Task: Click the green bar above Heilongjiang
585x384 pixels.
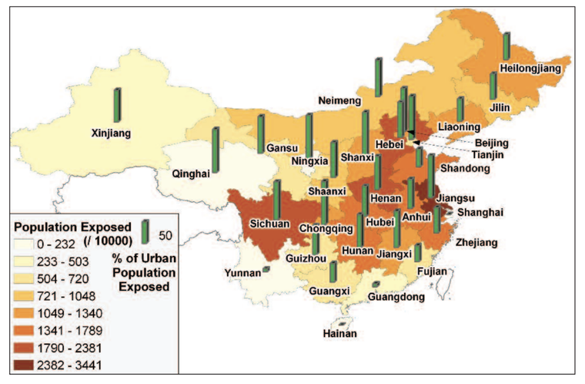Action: tap(506, 46)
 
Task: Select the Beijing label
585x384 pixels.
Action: tap(491, 143)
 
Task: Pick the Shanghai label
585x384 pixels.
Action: tap(480, 212)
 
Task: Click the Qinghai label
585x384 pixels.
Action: tap(191, 173)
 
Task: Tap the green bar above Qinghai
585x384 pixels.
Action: tap(216, 149)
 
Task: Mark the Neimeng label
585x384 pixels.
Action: tap(340, 100)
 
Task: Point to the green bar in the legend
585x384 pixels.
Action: tap(145, 231)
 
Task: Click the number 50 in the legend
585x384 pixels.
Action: tap(164, 234)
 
